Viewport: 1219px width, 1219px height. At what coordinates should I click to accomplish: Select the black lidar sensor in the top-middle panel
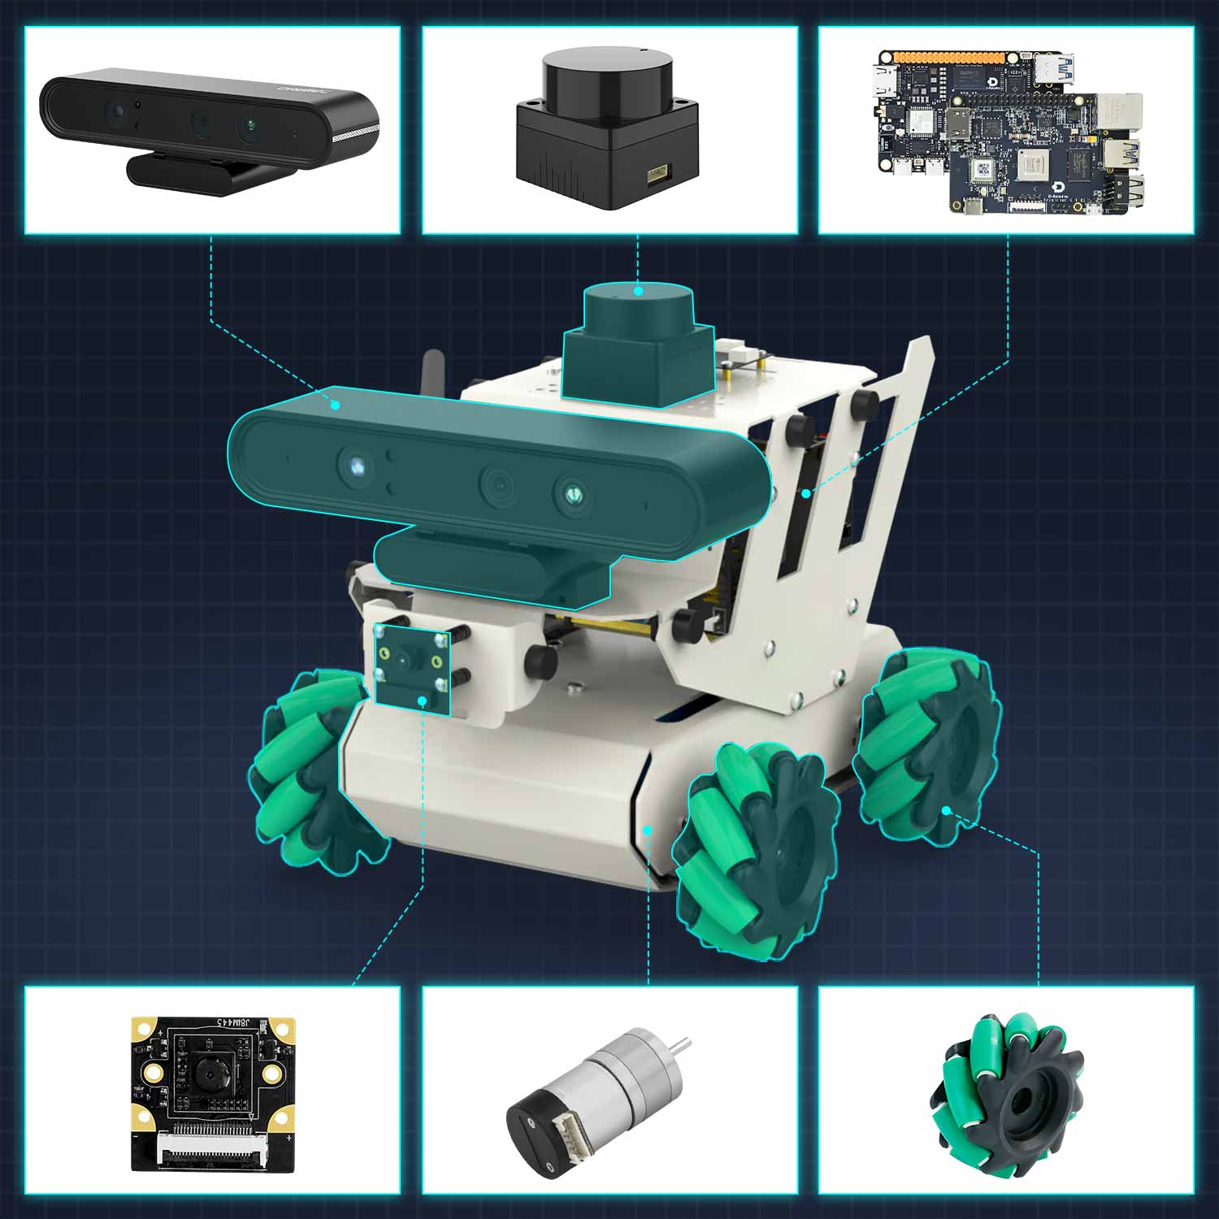[606, 130]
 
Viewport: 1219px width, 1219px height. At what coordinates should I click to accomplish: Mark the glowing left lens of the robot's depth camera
[356, 466]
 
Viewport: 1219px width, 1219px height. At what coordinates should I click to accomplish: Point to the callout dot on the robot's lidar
[638, 290]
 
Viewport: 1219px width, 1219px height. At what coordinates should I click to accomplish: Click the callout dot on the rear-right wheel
[946, 810]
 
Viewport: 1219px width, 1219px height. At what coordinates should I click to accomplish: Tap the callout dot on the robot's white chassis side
[648, 830]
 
